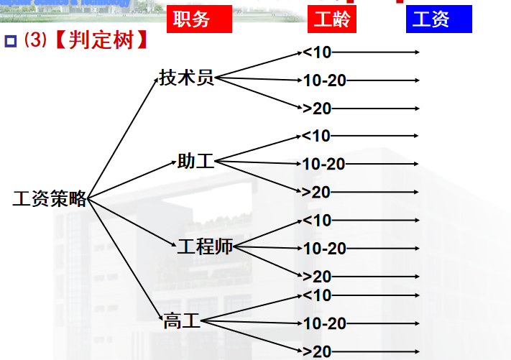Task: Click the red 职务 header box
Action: point(199,19)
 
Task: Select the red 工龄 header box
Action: point(332,19)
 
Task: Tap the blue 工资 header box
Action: point(438,19)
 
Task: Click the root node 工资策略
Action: point(50,199)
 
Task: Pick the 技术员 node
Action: point(187,78)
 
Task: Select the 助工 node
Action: point(195,162)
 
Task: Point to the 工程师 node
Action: point(205,246)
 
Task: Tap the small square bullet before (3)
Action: point(11,41)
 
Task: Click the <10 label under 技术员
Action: point(316,52)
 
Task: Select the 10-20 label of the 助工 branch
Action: point(323,164)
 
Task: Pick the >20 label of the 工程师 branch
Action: point(316,277)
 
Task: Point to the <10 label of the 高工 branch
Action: point(316,295)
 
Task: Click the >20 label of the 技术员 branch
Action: point(316,109)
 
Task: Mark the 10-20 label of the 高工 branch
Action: point(325,323)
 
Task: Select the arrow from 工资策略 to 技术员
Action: point(122,136)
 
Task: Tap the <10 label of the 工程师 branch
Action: point(316,220)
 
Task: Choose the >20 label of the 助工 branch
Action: point(316,192)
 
